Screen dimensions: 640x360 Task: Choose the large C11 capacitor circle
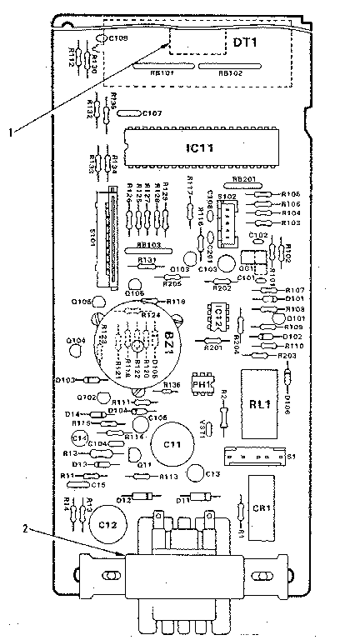173,442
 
